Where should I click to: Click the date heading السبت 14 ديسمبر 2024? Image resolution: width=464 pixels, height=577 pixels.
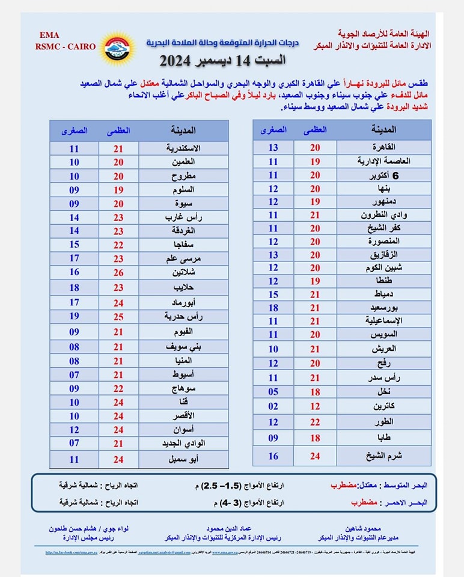coord(222,61)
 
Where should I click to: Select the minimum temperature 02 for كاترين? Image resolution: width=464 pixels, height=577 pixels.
coord(273,406)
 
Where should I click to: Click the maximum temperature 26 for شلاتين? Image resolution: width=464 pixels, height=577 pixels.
coord(118,272)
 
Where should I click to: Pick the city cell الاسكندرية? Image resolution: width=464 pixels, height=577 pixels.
coord(183,148)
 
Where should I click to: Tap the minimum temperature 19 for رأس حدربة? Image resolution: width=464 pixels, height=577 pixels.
coord(74,316)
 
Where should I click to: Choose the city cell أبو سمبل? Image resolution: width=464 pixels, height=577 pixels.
coord(183,459)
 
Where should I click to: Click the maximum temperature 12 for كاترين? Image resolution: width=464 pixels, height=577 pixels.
coord(315,406)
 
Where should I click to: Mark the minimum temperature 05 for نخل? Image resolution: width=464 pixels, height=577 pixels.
coord(273,392)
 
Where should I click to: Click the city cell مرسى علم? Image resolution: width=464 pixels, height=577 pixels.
coord(183,258)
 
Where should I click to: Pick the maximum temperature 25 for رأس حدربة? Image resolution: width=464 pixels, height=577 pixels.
coord(118,316)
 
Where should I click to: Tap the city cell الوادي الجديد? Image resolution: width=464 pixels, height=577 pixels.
coord(183,444)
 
